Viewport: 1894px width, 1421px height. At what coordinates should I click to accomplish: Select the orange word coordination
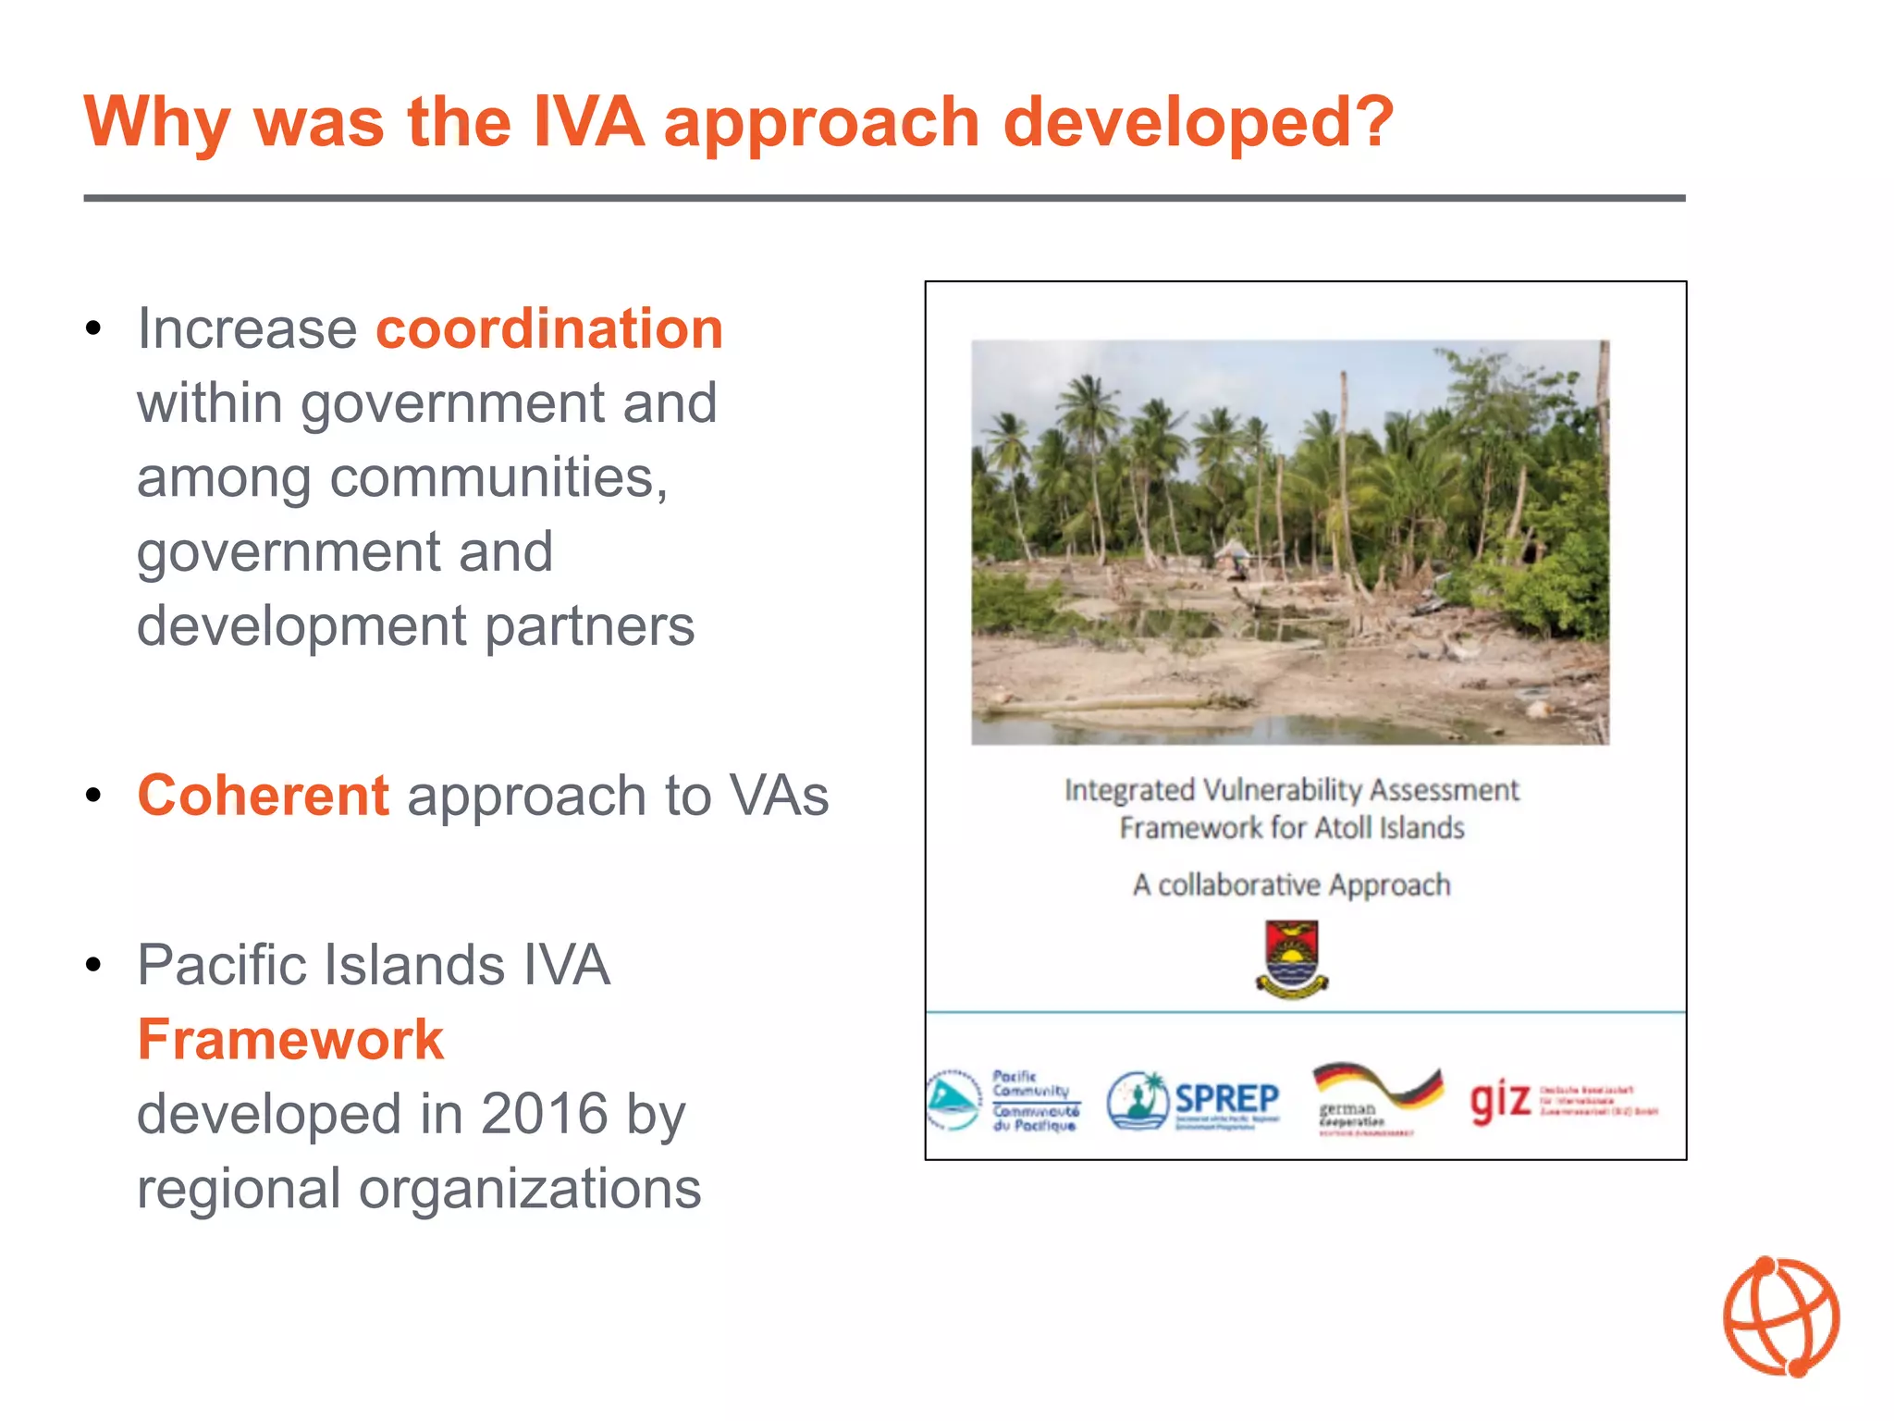549,328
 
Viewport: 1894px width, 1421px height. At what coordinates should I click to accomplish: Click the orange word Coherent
264,796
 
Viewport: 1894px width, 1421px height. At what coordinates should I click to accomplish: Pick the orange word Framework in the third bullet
290,1039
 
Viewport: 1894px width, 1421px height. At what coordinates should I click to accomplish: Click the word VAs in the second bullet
779,796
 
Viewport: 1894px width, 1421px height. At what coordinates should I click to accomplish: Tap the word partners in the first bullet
589,626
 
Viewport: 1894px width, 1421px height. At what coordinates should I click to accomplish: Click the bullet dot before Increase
92,329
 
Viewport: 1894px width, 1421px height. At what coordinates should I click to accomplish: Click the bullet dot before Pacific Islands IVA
92,966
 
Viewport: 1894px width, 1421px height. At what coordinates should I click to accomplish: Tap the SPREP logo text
1226,1099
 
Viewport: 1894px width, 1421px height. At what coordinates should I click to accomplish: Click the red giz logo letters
1499,1100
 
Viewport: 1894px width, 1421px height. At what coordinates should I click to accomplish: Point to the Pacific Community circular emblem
953,1100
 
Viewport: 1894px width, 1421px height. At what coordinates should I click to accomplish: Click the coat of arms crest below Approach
1292,958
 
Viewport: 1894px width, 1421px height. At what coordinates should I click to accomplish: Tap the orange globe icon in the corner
1781,1316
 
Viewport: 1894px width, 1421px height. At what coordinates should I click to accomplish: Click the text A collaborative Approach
1291,885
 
